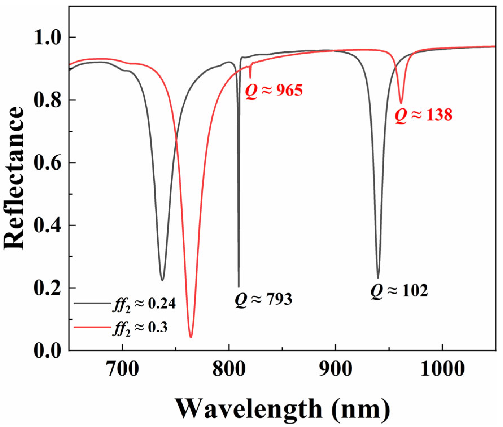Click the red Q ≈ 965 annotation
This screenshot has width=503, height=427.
[x=274, y=91]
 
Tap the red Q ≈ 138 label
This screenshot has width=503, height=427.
[x=423, y=115]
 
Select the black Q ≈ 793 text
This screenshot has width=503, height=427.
[x=263, y=299]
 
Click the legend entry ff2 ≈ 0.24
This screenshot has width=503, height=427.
[x=144, y=304]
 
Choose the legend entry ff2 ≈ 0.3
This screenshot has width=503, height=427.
[x=140, y=328]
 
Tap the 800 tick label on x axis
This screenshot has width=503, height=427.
[x=229, y=369]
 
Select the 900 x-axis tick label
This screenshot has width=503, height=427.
[x=335, y=369]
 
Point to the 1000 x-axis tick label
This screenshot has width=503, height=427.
[x=442, y=369]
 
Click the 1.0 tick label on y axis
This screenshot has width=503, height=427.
[x=47, y=38]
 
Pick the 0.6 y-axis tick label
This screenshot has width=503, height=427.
[x=47, y=163]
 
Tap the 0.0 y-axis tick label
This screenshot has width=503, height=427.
[x=47, y=351]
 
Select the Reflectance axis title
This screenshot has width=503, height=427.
[x=14, y=178]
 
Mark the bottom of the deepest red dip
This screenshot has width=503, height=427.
[x=191, y=337]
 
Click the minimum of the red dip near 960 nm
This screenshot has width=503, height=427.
[x=401, y=103]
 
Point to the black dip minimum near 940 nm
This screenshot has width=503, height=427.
[x=378, y=278]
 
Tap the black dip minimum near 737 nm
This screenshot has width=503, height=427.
[x=162, y=280]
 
